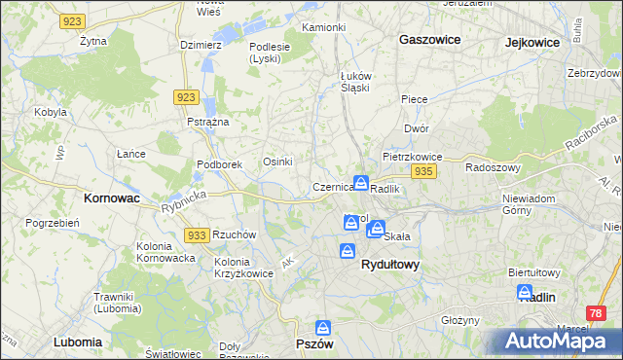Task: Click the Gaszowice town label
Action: [429, 40]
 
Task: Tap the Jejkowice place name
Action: [536, 42]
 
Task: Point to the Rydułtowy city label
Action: [389, 264]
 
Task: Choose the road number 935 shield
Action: [422, 171]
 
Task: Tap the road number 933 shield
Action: [197, 235]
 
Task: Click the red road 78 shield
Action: [596, 313]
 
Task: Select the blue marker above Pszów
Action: [323, 329]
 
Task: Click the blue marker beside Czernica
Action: [361, 183]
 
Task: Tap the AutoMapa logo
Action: [556, 342]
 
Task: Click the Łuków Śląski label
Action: [354, 81]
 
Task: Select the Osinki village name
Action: [278, 162]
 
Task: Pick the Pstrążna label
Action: [207, 122]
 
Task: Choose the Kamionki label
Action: [324, 27]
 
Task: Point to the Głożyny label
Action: [460, 320]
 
